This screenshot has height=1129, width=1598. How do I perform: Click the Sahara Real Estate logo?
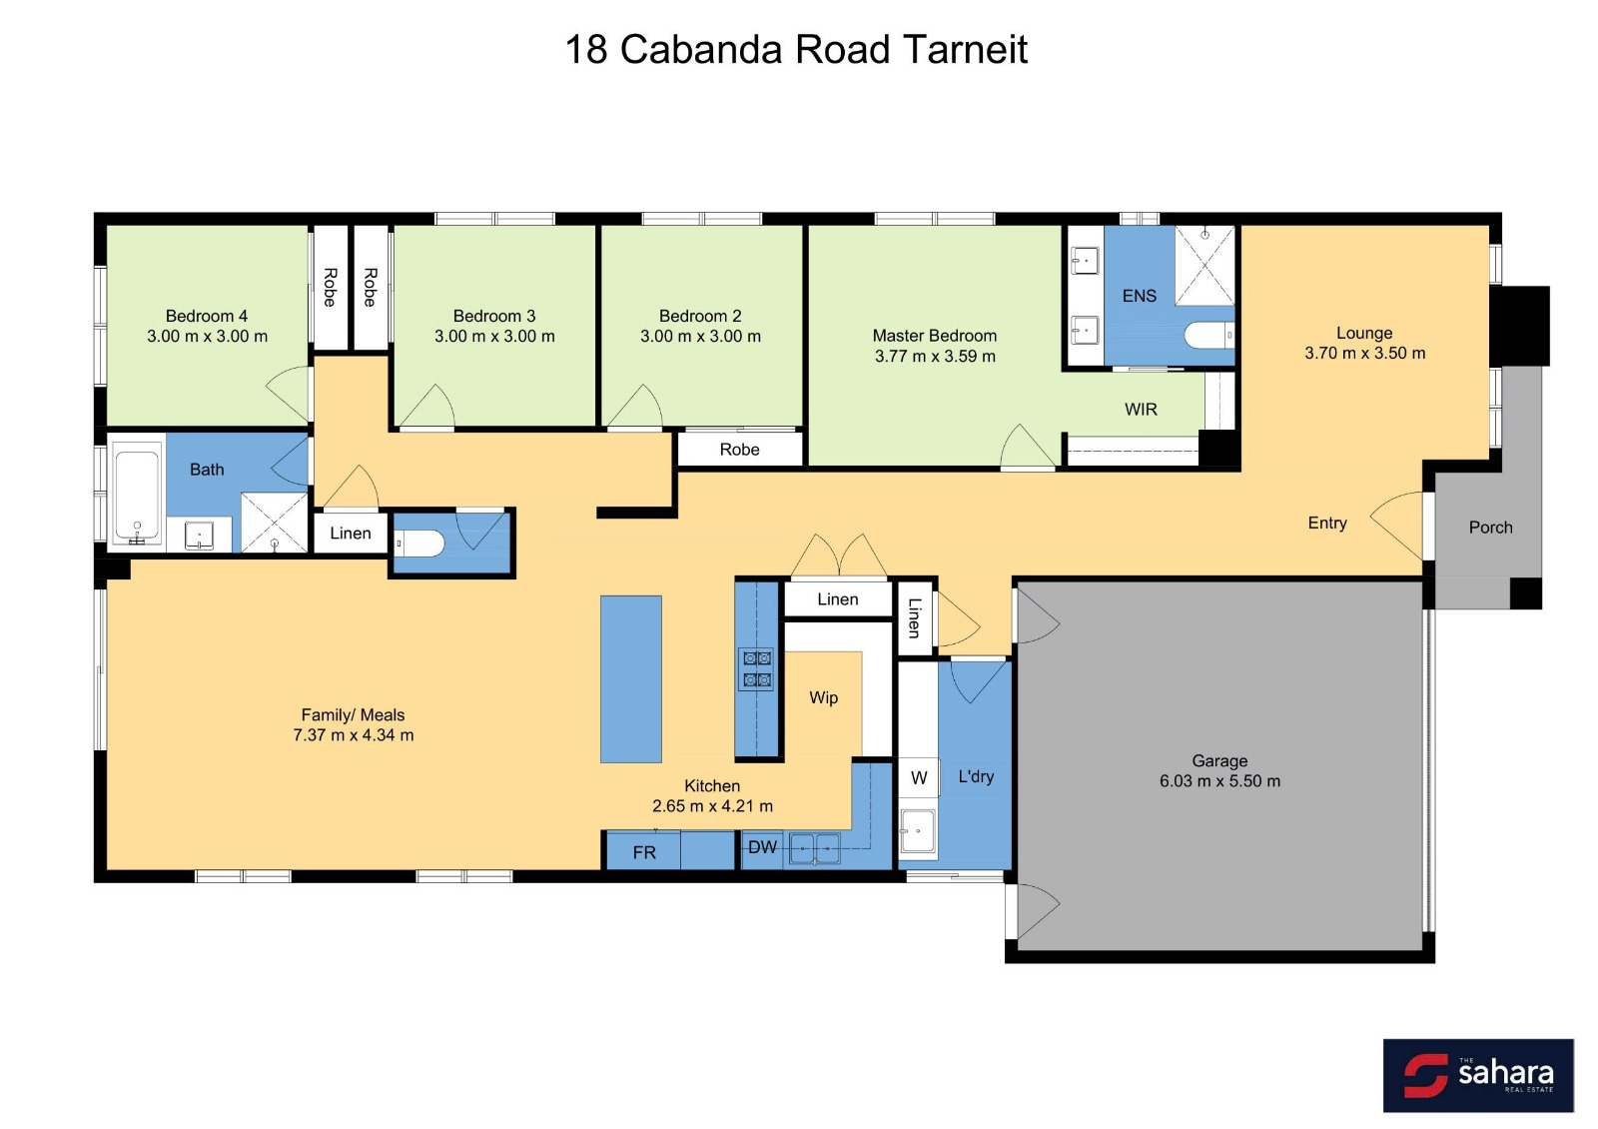[1478, 1075]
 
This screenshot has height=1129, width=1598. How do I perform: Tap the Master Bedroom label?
[935, 336]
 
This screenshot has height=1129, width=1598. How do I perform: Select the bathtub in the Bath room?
[137, 494]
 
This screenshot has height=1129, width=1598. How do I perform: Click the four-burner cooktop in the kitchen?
[757, 668]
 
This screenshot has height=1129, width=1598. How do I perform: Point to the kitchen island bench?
[630, 679]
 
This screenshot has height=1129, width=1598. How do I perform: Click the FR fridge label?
[644, 852]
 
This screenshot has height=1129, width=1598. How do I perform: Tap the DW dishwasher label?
[762, 847]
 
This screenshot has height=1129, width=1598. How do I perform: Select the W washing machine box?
[919, 778]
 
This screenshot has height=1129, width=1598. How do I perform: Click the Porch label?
[1490, 528]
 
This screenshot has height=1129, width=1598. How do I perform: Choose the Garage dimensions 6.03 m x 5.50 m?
[1219, 780]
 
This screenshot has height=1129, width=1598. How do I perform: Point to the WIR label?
[1141, 410]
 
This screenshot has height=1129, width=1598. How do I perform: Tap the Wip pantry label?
[823, 698]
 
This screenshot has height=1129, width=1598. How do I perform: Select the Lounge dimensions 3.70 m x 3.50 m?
[1364, 353]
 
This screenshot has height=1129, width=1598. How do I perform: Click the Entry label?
[1327, 524]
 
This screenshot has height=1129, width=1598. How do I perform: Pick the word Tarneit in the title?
[965, 49]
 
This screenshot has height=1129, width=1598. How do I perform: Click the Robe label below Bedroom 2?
[739, 450]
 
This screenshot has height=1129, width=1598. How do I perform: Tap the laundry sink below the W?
[918, 830]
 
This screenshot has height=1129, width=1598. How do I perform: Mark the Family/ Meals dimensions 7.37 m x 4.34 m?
[354, 735]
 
